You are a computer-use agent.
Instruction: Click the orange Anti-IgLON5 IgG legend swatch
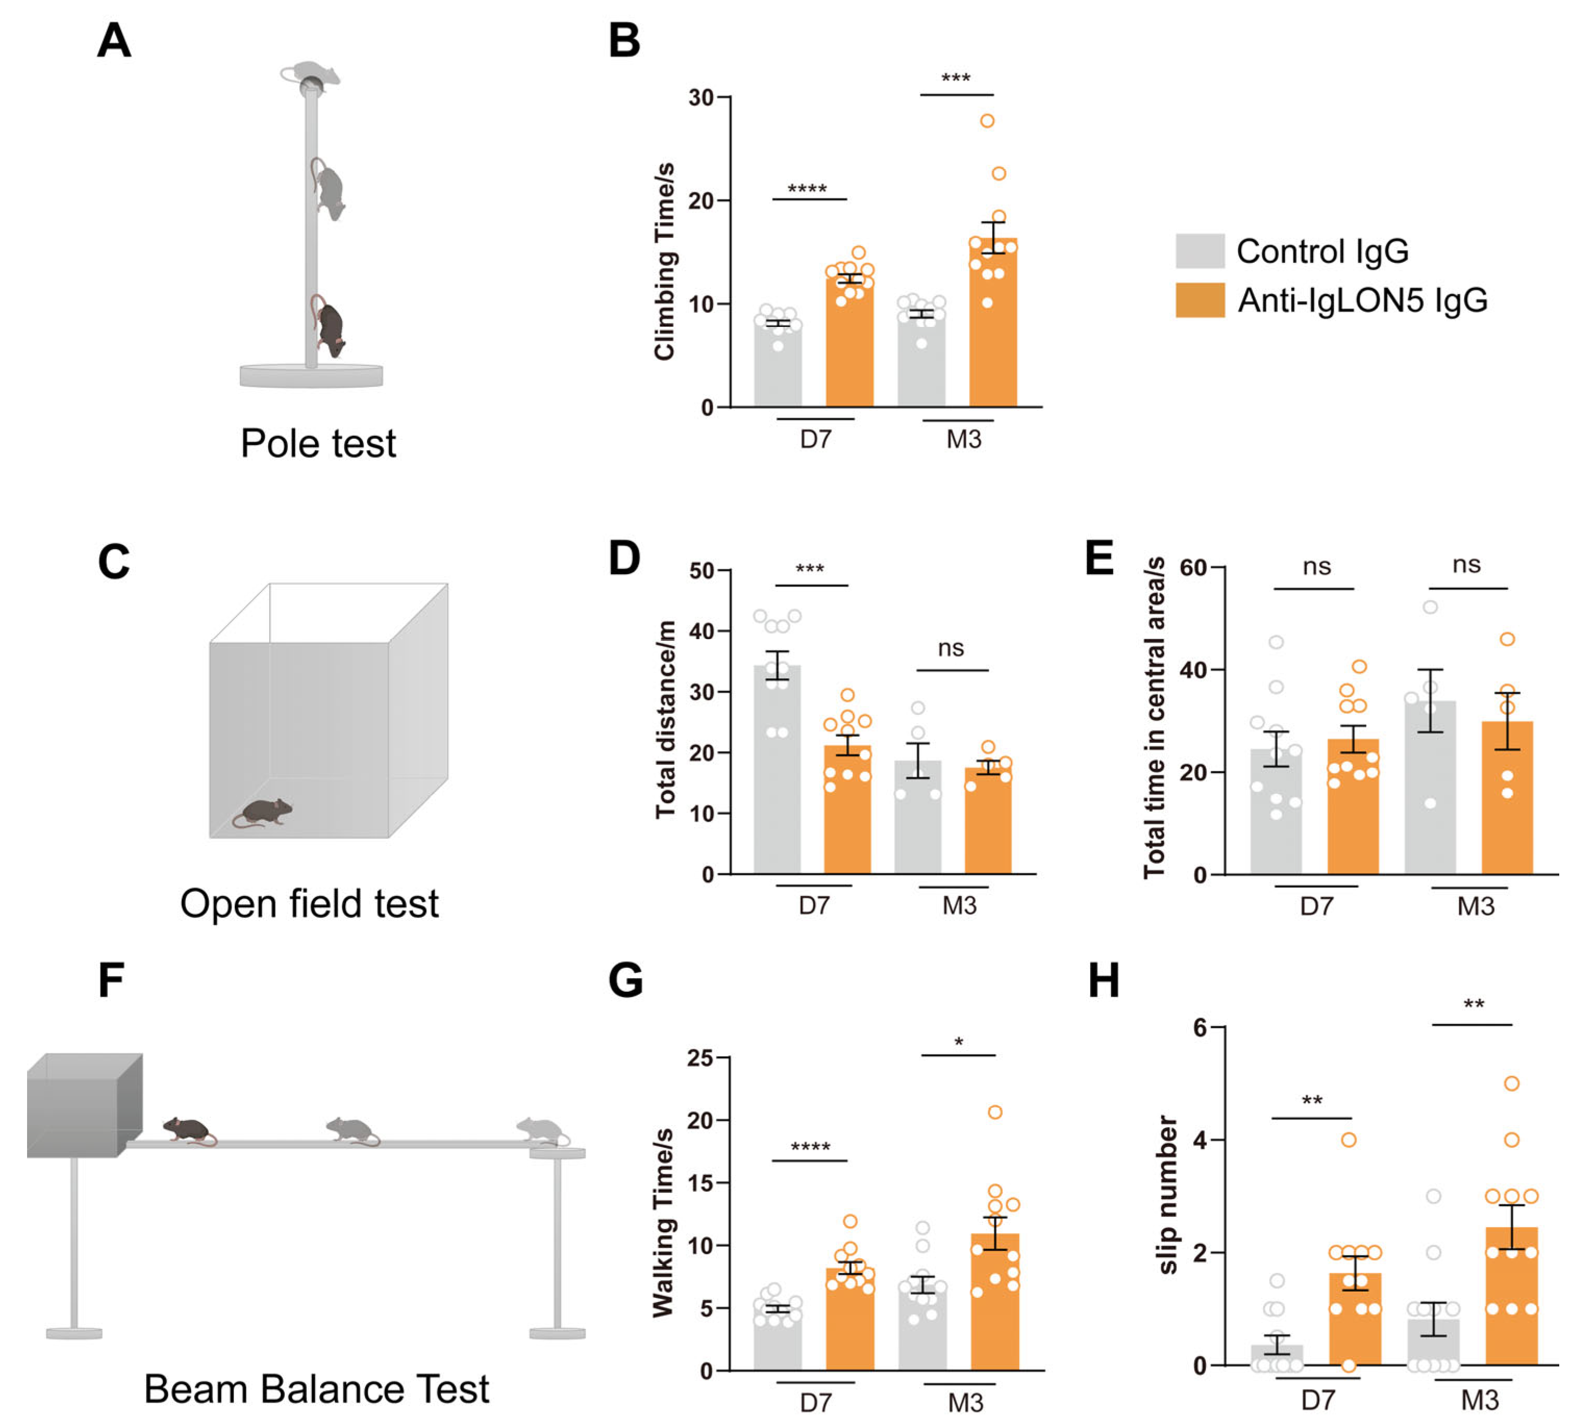click(x=1199, y=300)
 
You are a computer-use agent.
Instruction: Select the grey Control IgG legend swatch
click(x=1199, y=251)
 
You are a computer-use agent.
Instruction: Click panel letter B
click(x=624, y=41)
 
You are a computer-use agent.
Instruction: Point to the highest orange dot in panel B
click(x=987, y=121)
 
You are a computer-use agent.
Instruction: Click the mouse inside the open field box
click(x=264, y=812)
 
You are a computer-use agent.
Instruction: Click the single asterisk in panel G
click(x=958, y=1043)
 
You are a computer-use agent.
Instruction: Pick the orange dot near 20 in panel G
click(x=995, y=1112)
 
